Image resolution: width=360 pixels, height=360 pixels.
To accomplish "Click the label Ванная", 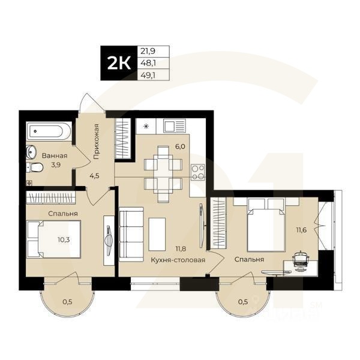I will pos(55,156).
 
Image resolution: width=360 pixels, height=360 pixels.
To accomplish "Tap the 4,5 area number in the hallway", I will pos(95,176).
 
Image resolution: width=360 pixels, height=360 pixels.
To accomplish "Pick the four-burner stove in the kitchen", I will pos(198,172).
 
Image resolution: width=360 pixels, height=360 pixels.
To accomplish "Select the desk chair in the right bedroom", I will pos(300,260).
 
